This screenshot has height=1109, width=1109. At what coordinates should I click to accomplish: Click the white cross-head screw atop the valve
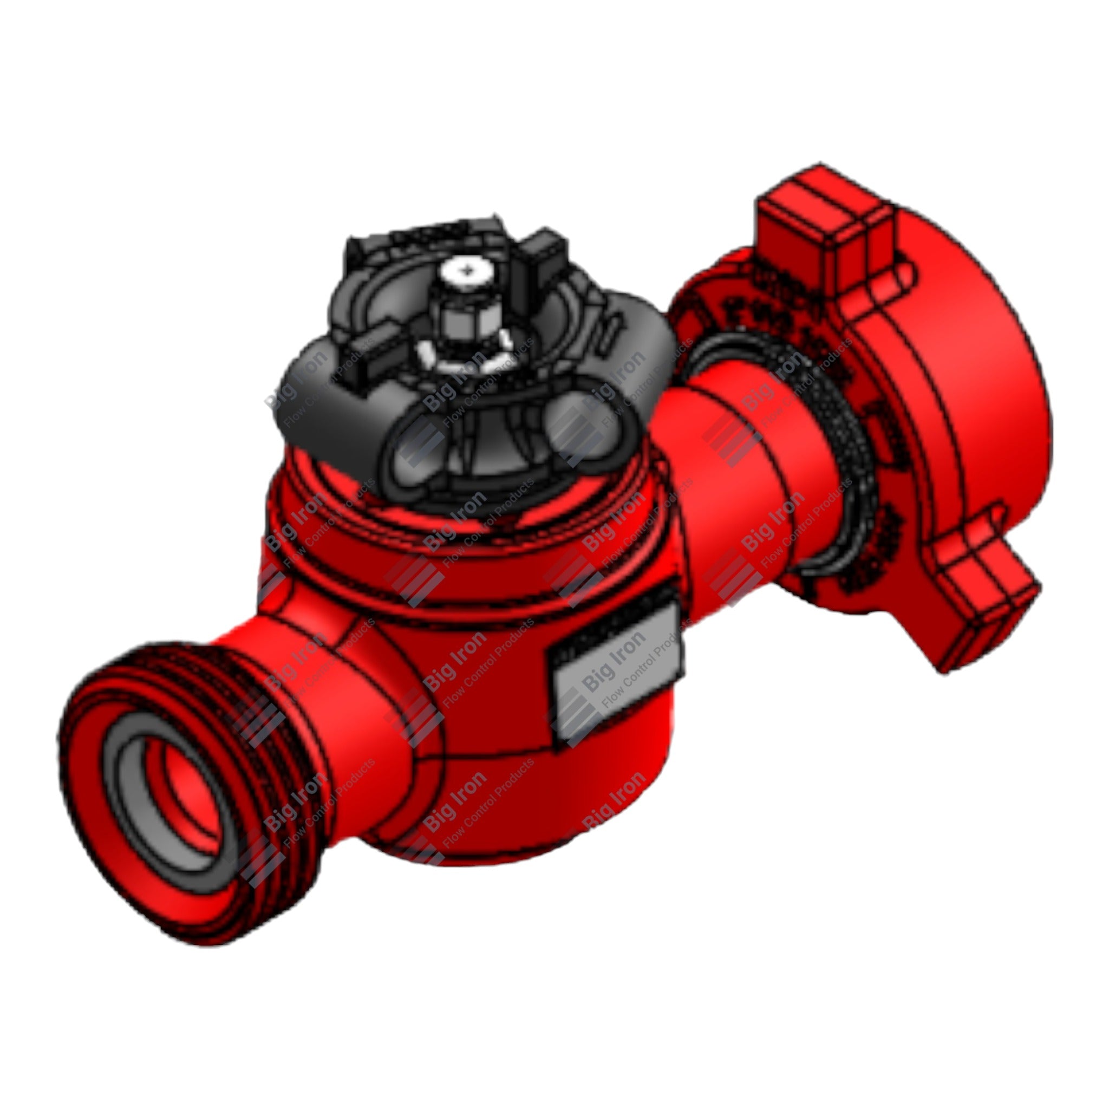point(469,268)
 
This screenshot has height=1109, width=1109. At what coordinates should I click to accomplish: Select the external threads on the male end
point(241,740)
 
